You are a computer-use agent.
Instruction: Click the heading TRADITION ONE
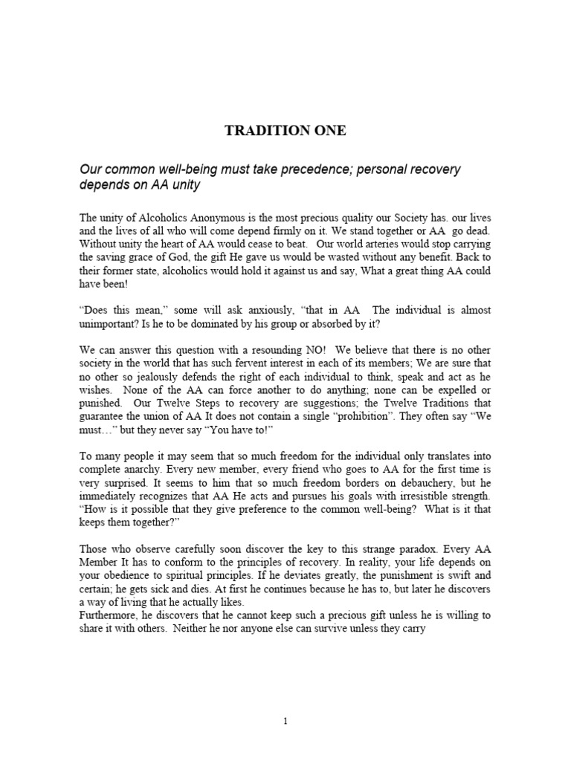coord(285,132)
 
